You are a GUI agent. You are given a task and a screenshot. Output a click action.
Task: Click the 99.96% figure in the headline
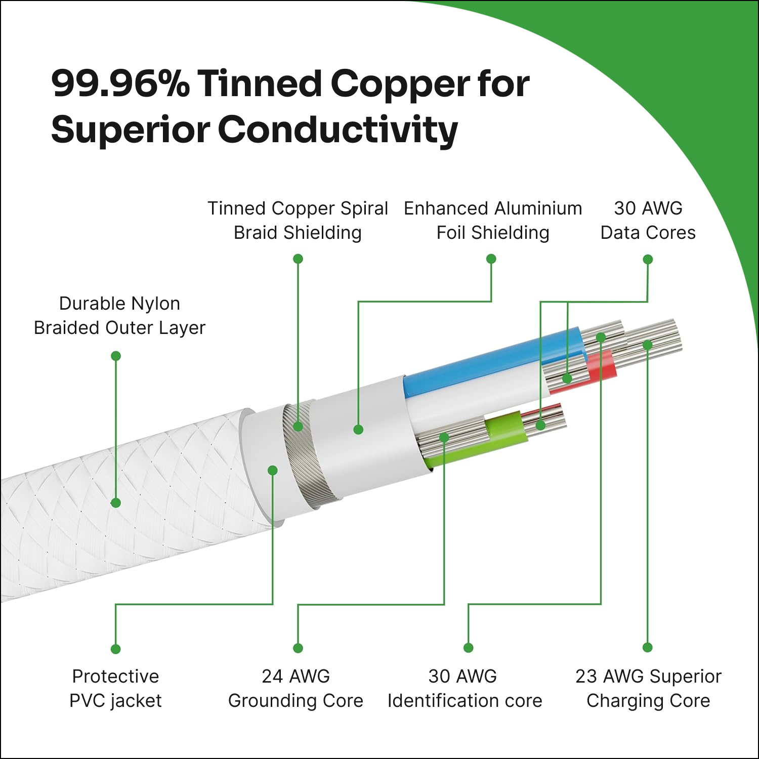point(120,83)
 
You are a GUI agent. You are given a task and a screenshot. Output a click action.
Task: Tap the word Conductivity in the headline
point(338,130)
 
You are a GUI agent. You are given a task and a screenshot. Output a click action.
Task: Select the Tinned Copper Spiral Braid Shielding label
point(298,221)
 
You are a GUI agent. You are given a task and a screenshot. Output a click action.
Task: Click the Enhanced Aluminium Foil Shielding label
point(493,221)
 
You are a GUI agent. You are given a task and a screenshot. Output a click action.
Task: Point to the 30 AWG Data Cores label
point(648,221)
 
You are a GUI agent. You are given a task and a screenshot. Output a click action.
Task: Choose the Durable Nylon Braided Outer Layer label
point(119,316)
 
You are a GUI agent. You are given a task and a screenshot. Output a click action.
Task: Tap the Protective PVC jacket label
point(115,688)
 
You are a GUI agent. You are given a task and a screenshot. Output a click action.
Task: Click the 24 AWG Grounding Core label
point(296,688)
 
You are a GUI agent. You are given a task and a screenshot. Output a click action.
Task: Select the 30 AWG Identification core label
point(465,688)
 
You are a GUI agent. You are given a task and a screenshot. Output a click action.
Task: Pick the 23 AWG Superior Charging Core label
point(648,688)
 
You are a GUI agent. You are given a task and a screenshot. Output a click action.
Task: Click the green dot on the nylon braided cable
point(116,502)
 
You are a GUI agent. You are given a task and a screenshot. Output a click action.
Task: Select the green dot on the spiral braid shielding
point(298,427)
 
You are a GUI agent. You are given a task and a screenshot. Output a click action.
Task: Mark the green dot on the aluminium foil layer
point(358,430)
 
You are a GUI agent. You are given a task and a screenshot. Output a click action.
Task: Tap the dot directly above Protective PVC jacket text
point(115,649)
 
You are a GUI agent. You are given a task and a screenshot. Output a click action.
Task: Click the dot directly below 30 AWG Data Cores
point(648,260)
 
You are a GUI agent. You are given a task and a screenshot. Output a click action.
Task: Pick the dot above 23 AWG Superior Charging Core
point(648,648)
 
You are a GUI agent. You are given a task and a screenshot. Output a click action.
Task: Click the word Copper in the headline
point(400,83)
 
